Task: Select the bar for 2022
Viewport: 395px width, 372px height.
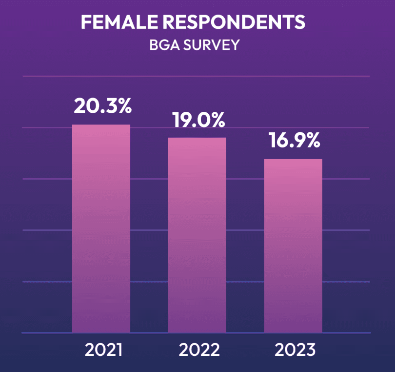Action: click(197, 235)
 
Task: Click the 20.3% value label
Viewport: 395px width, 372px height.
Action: click(102, 106)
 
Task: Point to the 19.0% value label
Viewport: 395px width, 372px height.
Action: click(198, 120)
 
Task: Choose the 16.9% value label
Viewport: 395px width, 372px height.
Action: click(294, 141)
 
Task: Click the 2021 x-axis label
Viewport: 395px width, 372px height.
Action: click(103, 350)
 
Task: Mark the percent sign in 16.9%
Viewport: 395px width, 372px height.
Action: click(313, 141)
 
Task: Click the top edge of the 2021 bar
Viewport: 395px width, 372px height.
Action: click(101, 125)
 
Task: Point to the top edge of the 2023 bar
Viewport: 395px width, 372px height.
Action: click(293, 160)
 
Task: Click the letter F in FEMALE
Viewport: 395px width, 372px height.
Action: click(86, 22)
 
